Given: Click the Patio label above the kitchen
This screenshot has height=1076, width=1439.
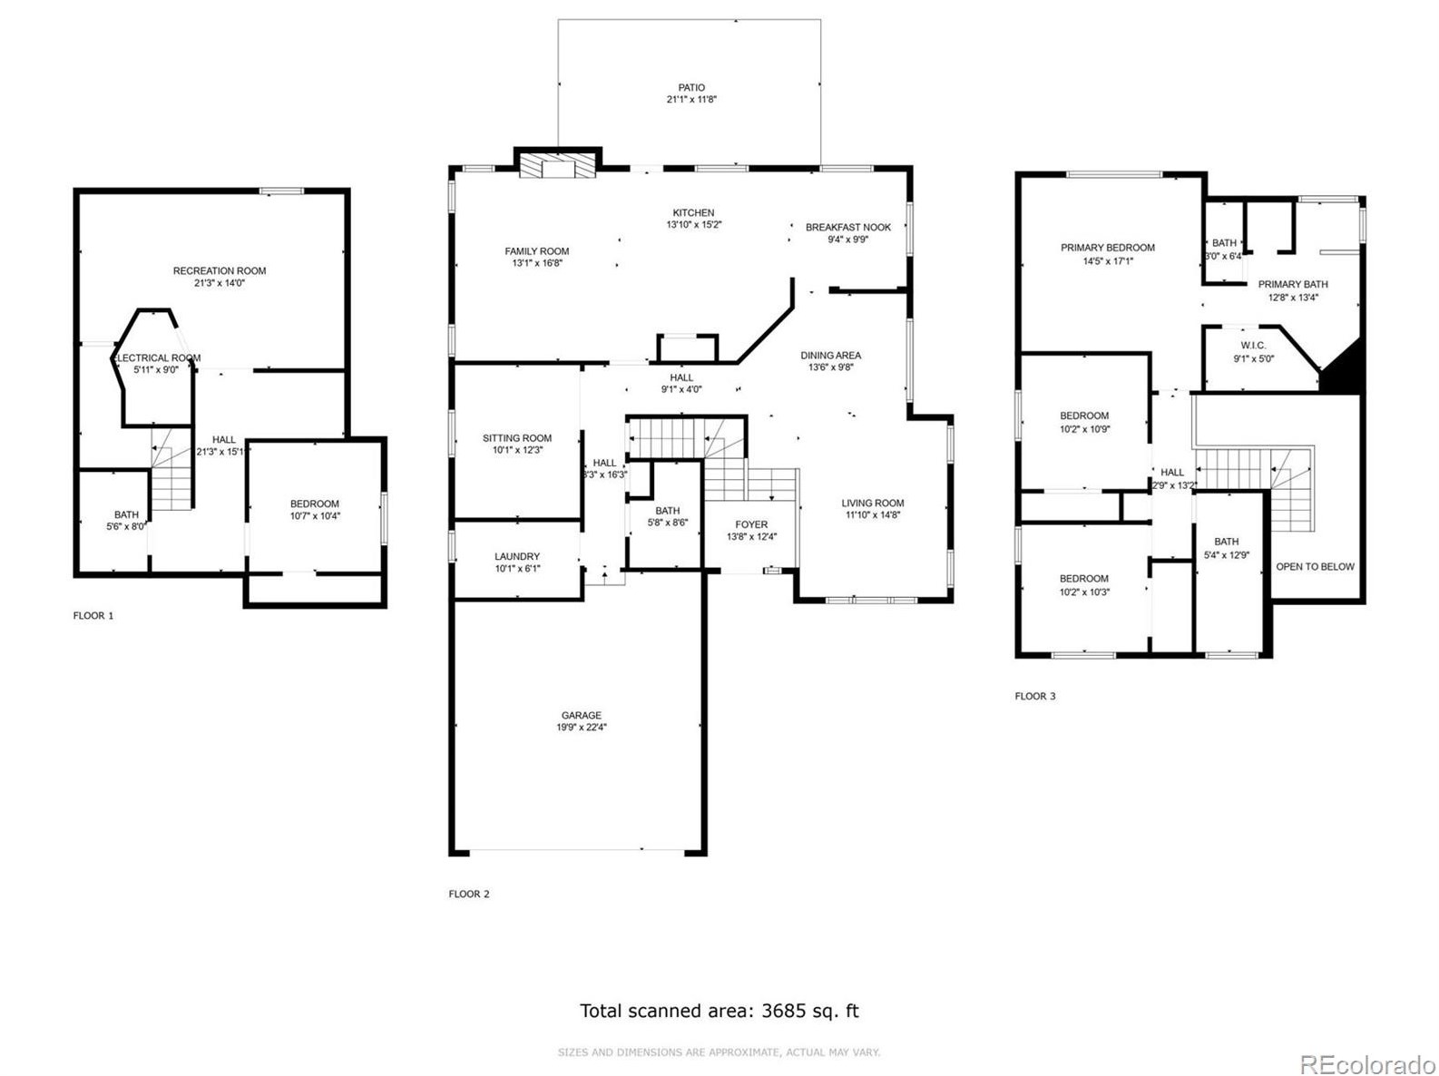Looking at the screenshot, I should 690,88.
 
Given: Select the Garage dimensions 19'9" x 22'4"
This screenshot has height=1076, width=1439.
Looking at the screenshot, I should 581,728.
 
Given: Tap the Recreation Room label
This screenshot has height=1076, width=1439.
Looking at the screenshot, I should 220,270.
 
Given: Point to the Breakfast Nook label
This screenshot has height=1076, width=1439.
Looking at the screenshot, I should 847,228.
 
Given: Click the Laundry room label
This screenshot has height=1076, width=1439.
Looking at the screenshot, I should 517,556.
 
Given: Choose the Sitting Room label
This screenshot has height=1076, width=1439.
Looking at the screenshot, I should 517,438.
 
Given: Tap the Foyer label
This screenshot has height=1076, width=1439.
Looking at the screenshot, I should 751,524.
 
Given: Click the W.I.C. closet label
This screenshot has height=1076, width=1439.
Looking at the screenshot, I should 1253,346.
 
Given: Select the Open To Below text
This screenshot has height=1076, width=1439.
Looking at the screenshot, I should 1315,567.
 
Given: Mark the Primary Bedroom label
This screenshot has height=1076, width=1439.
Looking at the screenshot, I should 1108,248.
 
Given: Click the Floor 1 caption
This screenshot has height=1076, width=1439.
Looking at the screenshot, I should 93,616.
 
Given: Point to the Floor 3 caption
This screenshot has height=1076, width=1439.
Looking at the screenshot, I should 1035,697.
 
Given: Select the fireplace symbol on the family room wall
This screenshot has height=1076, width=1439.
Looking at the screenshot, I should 557,165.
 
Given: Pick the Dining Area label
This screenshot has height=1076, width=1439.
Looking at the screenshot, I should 830,356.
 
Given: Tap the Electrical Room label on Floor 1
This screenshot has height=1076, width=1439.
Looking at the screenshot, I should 159,358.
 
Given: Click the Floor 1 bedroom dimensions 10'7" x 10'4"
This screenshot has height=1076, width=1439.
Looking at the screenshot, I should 315,516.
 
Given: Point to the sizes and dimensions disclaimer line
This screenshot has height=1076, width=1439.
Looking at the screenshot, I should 719,1052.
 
